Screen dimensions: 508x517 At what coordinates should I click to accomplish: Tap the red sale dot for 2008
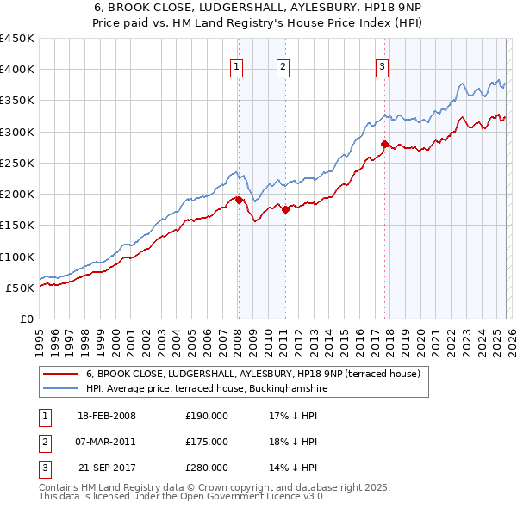[239, 200]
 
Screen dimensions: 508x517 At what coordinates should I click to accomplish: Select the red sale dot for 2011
[285, 209]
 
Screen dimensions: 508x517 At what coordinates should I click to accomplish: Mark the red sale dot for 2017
[384, 144]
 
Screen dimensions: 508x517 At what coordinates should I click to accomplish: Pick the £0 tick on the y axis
[27, 319]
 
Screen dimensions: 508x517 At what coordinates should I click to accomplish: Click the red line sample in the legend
[60, 374]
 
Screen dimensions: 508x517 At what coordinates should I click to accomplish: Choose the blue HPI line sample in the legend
[60, 389]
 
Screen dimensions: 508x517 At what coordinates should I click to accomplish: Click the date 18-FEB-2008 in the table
[107, 416]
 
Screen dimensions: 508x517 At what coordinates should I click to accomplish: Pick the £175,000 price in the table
[207, 442]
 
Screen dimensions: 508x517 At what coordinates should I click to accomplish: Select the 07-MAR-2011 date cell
[107, 442]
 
